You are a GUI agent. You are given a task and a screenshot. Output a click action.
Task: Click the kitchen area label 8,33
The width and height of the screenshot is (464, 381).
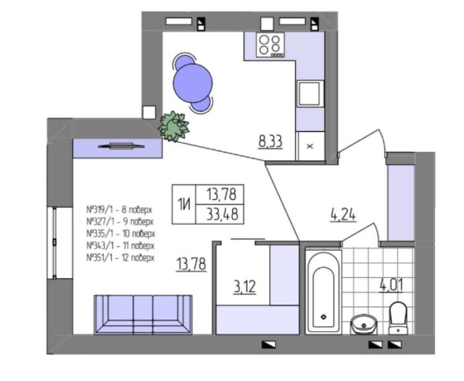pyautogui.click(x=270, y=141)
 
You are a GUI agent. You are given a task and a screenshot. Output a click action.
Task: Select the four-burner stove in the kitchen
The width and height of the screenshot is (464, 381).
pyautogui.click(x=271, y=46)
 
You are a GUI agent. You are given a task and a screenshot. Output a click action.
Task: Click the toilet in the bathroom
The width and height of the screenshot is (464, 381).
pyautogui.click(x=398, y=317)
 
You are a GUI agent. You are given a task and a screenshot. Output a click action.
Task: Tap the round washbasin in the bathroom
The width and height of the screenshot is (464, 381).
pyautogui.click(x=362, y=324)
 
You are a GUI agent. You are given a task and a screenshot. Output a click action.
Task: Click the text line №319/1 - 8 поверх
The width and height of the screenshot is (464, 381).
pyautogui.click(x=119, y=209)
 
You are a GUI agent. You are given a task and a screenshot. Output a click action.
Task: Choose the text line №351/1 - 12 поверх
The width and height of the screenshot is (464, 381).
pyautogui.click(x=120, y=258)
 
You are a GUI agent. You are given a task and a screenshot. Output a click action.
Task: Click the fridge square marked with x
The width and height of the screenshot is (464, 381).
pyautogui.click(x=311, y=144)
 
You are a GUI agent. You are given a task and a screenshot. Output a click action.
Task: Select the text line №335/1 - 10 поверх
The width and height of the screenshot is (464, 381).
pyautogui.click(x=120, y=234)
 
